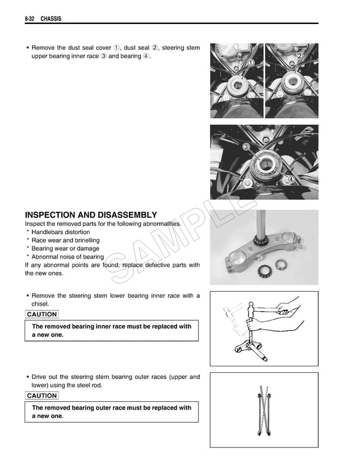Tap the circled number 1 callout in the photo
click(x=250, y=63)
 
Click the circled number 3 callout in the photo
click(x=246, y=148)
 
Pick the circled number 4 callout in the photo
click(x=290, y=179)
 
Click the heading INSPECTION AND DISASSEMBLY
click(x=91, y=215)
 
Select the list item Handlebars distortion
click(x=61, y=232)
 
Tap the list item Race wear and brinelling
click(x=65, y=240)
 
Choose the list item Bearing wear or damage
click(x=65, y=248)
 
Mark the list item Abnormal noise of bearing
click(x=67, y=256)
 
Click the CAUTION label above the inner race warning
click(x=42, y=314)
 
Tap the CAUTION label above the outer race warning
click(x=42, y=395)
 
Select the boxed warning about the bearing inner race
click(x=112, y=331)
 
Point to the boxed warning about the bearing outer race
click(x=112, y=412)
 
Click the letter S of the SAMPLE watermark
click(x=121, y=277)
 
